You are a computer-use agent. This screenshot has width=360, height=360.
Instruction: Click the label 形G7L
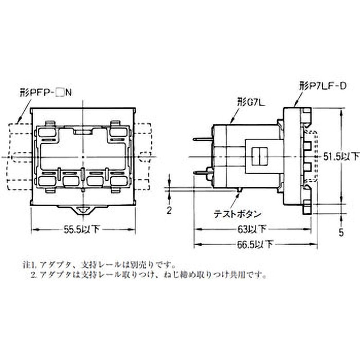pos(251,102)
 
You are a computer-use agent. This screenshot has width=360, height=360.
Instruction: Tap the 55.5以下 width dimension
pos(82,229)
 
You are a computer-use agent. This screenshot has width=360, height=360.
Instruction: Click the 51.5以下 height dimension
pos(342,157)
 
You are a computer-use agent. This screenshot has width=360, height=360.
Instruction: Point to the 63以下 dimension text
pos(255,229)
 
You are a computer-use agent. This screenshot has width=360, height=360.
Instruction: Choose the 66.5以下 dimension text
pos(255,245)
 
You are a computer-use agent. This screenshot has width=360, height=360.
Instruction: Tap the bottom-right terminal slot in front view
pos(118,181)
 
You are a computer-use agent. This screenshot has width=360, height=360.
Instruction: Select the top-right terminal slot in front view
pos(118,132)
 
